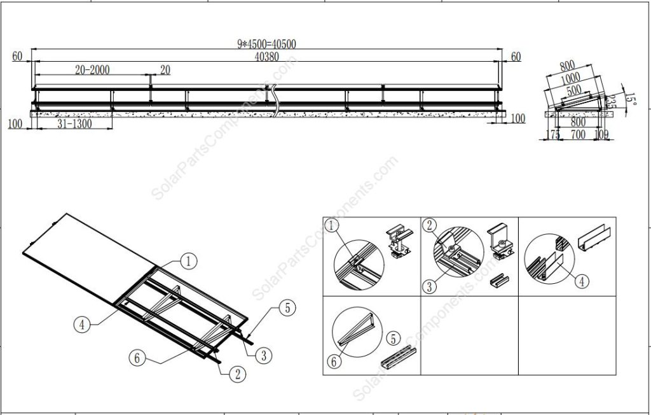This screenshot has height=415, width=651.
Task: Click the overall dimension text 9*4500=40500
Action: click(x=266, y=44)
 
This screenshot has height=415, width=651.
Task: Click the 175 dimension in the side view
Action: click(x=553, y=136)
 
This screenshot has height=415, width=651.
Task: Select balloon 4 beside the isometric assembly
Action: click(x=81, y=323)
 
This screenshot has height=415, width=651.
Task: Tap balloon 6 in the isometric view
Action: click(x=135, y=358)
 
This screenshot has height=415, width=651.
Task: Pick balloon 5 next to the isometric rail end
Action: click(x=287, y=309)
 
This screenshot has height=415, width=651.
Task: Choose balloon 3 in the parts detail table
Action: click(x=430, y=286)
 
